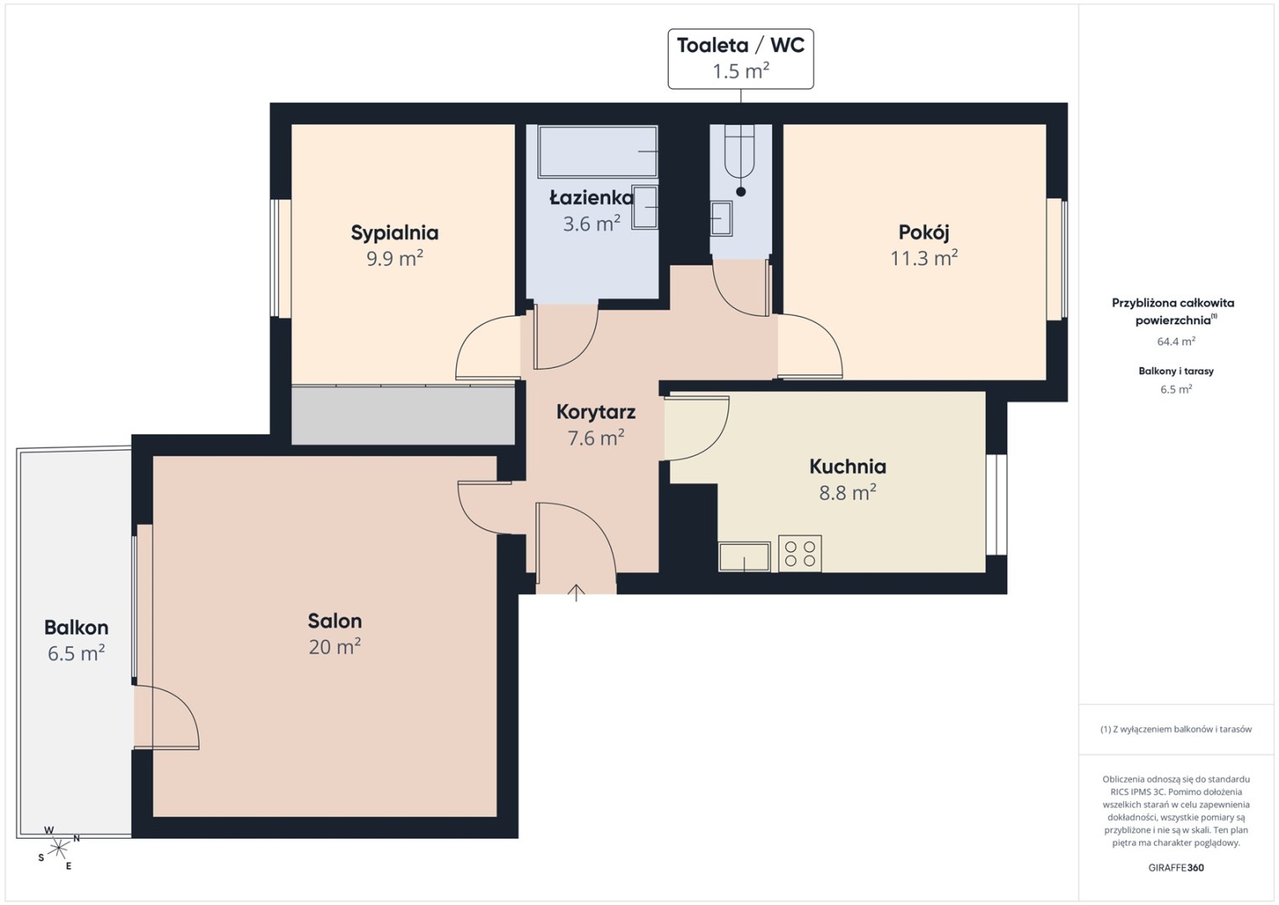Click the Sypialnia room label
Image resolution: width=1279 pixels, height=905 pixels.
click(395, 233)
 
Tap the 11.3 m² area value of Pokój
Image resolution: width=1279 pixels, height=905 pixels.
click(924, 258)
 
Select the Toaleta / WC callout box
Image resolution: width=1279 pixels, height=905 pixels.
click(741, 59)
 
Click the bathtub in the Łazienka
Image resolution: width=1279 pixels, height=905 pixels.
click(598, 152)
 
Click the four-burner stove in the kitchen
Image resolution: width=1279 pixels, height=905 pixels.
click(800, 553)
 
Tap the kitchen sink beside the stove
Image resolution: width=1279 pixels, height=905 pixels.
click(744, 556)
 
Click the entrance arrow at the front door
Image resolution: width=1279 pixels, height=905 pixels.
click(577, 592)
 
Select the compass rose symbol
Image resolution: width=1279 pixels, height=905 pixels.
click(58, 849)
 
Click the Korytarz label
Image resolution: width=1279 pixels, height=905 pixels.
click(596, 411)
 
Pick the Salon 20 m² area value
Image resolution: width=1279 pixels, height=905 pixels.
click(334, 647)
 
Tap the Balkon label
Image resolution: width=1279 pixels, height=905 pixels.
click(76, 628)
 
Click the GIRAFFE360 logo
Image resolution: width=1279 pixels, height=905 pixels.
click(1176, 868)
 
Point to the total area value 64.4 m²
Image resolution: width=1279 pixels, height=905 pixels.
click(1176, 341)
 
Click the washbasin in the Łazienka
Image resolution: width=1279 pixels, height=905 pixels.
click(645, 207)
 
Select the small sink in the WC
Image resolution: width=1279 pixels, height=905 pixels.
click(721, 218)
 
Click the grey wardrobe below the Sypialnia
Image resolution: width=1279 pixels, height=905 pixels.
click(403, 415)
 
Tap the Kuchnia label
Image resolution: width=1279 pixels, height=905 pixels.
click(848, 467)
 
